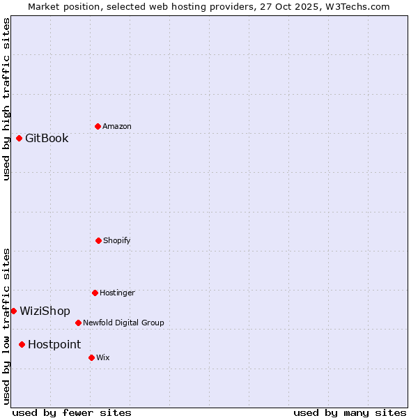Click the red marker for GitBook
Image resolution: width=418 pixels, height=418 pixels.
[19, 138]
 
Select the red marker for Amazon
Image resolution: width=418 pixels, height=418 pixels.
[98, 126]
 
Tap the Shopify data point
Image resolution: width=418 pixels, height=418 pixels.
[98, 240]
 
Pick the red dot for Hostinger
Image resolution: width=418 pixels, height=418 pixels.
[95, 293]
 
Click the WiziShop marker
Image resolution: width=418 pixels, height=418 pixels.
[13, 311]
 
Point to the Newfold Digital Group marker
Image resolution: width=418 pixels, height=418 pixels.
[78, 323]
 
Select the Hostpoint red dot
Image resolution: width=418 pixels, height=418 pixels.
[22, 344]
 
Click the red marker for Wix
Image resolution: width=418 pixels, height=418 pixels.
[91, 357]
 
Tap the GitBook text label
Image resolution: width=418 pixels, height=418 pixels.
[47, 138]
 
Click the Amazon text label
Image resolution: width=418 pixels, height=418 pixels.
[117, 126]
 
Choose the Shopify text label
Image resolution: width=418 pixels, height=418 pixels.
[117, 240]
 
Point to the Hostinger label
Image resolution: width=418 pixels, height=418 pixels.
[117, 293]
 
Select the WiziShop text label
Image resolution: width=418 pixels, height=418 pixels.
[45, 311]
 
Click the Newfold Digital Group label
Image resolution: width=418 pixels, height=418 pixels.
[123, 323]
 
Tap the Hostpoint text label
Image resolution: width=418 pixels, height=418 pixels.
[54, 344]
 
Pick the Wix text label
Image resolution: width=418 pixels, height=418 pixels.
[103, 357]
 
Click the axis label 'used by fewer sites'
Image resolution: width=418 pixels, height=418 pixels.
[72, 412]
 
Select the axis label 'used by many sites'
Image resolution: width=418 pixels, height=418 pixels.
[350, 412]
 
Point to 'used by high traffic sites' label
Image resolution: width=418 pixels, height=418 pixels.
[6, 99]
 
